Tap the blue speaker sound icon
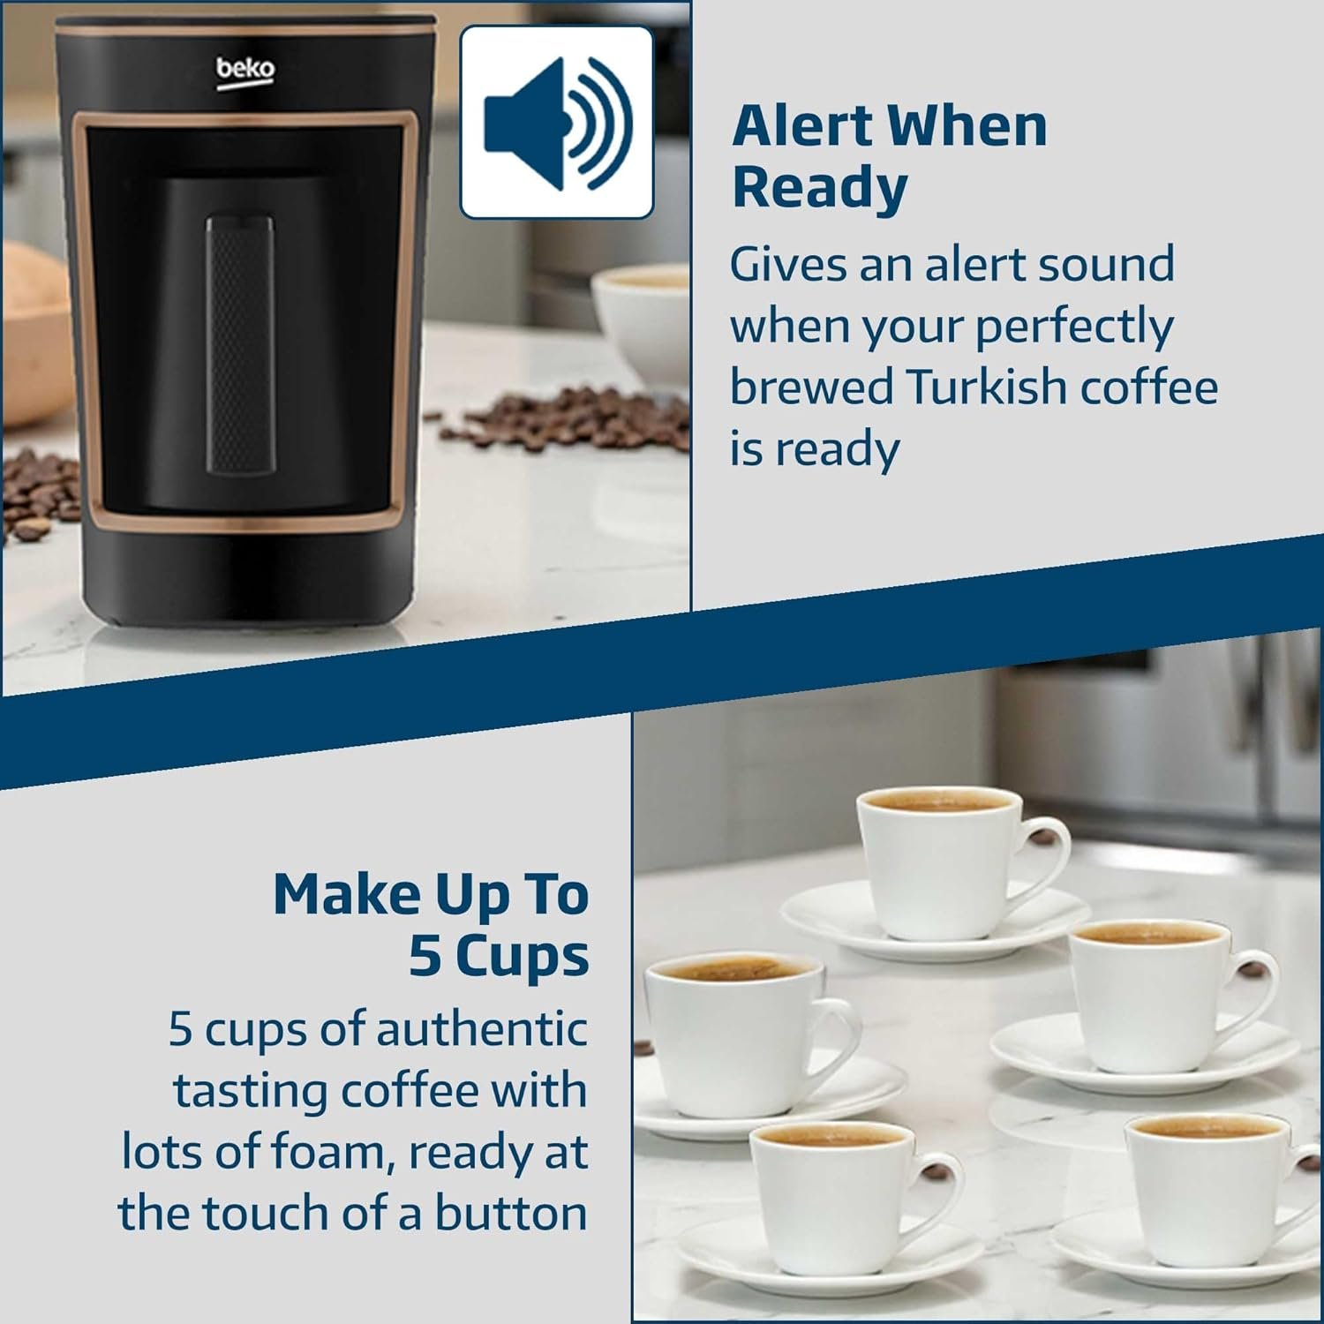click(558, 123)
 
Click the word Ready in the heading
click(820, 187)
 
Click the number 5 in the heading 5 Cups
click(425, 956)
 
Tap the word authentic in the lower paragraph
click(482, 1029)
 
